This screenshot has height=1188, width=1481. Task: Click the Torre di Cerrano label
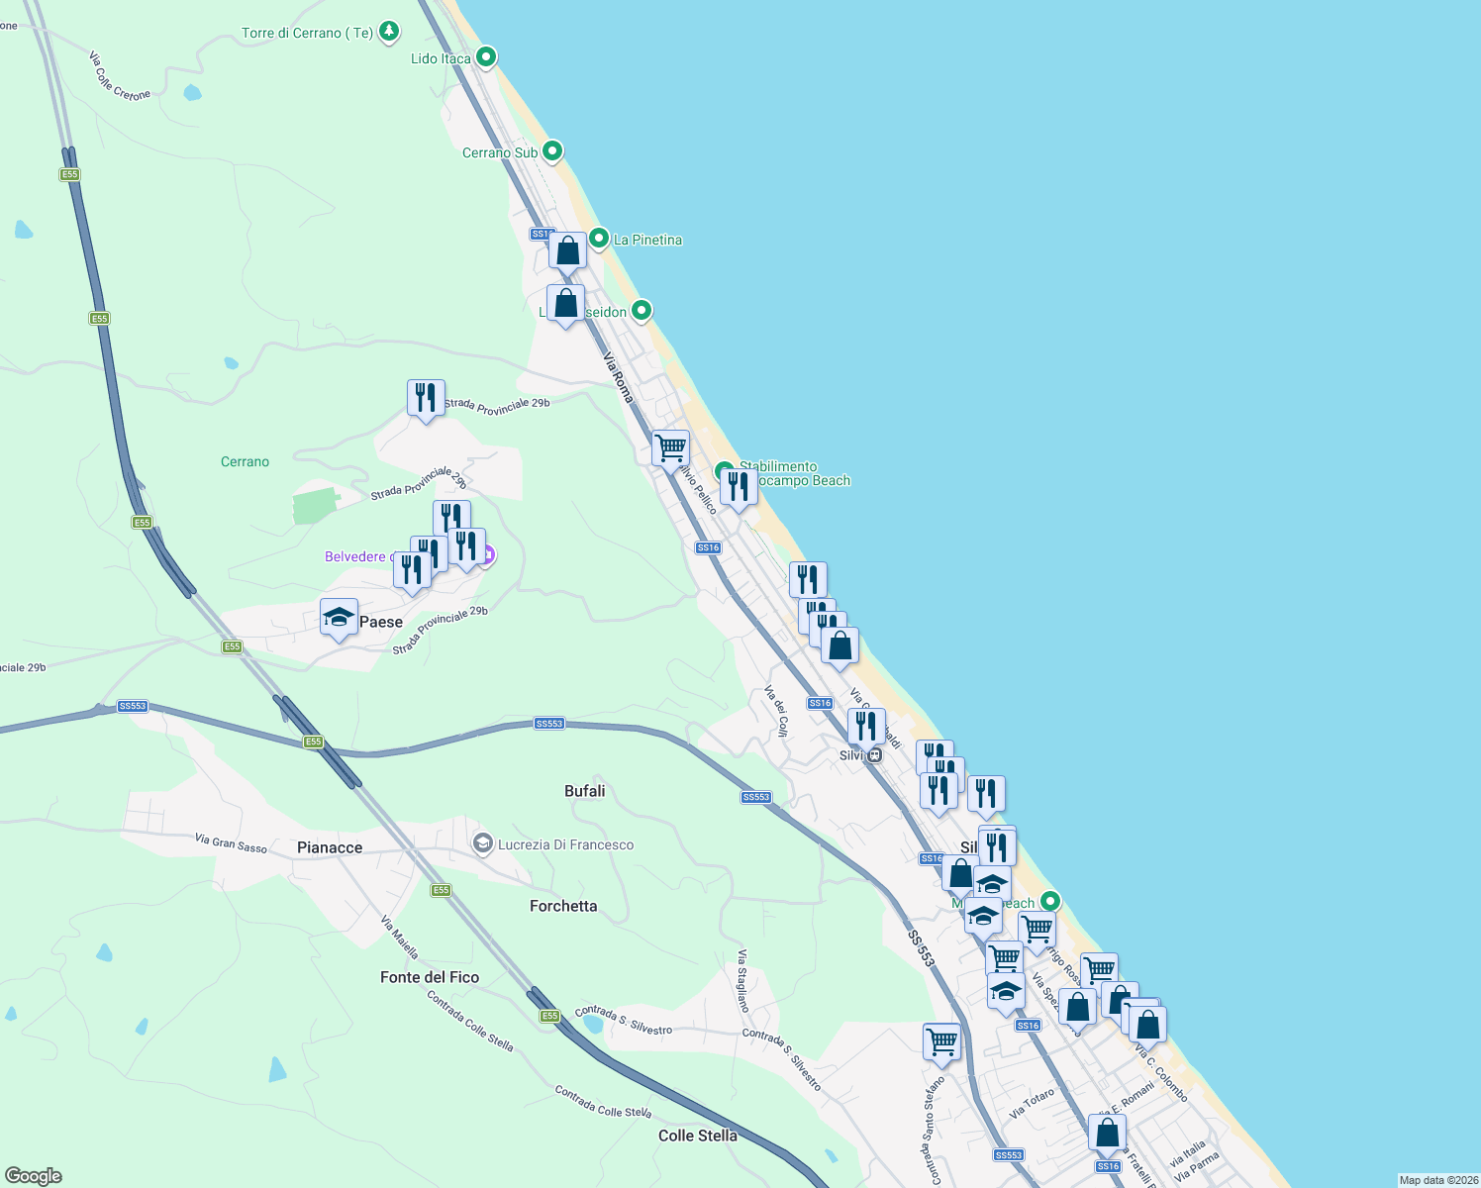pos(307,33)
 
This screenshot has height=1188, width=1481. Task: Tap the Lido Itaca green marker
pos(486,57)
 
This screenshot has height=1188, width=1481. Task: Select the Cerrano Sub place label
pos(500,152)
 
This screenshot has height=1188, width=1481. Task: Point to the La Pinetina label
pos(647,240)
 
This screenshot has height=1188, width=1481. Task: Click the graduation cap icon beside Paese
pos(339,618)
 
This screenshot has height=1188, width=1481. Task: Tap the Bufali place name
pos(584,791)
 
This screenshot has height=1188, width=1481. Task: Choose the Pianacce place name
pos(330,847)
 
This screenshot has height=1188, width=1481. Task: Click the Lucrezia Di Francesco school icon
pos(483,844)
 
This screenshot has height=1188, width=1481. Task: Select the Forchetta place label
pos(563,906)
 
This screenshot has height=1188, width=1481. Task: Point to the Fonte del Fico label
pos(430,977)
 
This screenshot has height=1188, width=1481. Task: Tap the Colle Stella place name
pos(698,1136)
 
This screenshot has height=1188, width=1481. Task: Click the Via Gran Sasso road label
pos(231,842)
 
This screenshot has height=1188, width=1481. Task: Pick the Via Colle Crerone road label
pos(119,77)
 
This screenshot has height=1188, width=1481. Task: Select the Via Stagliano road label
pos(741,980)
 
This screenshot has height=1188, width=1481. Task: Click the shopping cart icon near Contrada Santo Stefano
pos(941,1041)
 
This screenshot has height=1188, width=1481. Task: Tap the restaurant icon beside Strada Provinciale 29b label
pos(426,398)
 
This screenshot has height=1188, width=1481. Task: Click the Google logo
pos(34,1176)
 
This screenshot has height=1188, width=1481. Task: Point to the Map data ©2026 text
pos(1438,1180)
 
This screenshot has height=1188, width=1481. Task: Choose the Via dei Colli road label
pos(776,711)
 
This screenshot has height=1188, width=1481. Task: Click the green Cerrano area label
pos(245,461)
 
